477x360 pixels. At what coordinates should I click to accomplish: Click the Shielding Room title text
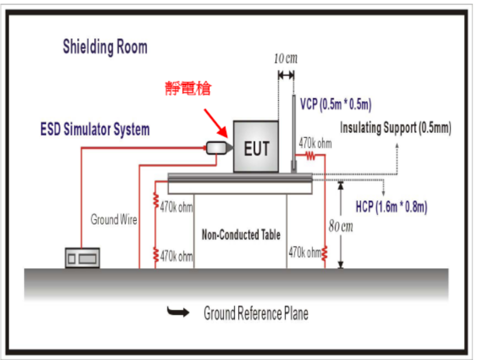pyautogui.click(x=105, y=47)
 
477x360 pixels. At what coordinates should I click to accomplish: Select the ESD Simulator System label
pyautogui.click(x=95, y=129)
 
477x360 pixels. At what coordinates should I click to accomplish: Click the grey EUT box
pyautogui.click(x=256, y=147)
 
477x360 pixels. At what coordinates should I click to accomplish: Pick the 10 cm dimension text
pyautogui.click(x=285, y=59)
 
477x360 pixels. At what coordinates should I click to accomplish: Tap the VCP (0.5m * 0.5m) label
pyautogui.click(x=336, y=105)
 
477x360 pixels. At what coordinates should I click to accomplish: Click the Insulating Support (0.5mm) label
pyautogui.click(x=395, y=128)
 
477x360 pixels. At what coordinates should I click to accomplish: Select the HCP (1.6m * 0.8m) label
pyautogui.click(x=391, y=207)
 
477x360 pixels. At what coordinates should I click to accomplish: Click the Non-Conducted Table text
pyautogui.click(x=241, y=235)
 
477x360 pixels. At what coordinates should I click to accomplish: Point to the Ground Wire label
pyautogui.click(x=114, y=219)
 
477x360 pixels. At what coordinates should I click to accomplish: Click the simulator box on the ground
pyautogui.click(x=83, y=258)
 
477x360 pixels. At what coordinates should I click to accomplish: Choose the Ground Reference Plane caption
pyautogui.click(x=256, y=313)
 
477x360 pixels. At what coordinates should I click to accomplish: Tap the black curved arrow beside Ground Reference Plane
pyautogui.click(x=178, y=313)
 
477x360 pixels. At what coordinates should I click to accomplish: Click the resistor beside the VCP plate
pyautogui.click(x=310, y=155)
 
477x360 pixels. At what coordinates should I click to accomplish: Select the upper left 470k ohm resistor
pyautogui.click(x=156, y=201)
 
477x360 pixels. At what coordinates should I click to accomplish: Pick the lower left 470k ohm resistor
pyautogui.click(x=156, y=255)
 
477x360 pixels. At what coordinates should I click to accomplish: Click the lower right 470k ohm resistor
pyautogui.click(x=325, y=254)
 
